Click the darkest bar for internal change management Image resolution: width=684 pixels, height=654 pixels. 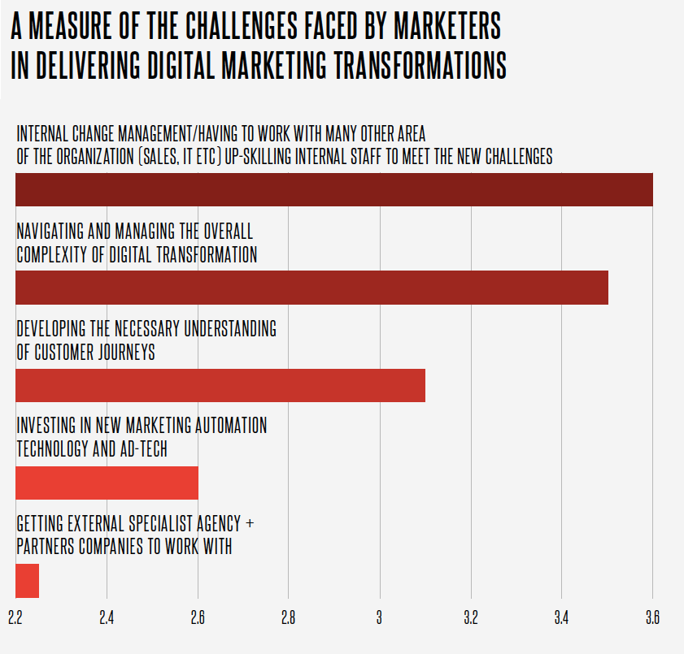(334, 189)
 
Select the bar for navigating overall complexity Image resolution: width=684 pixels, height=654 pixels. (312, 288)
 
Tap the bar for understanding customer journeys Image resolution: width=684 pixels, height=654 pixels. (220, 385)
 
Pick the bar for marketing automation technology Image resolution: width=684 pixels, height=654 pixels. (107, 483)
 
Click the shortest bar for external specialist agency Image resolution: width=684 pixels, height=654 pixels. (27, 580)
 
